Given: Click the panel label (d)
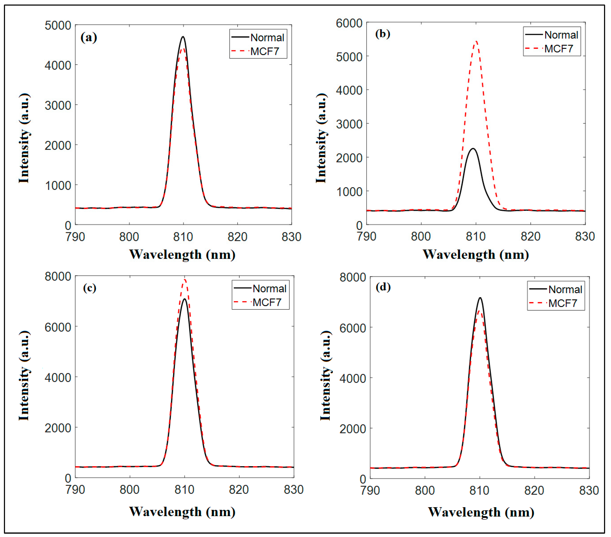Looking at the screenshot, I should pos(383,287).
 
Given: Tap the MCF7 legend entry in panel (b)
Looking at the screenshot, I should pos(558,49).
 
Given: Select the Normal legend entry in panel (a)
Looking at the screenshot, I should pos(267,38).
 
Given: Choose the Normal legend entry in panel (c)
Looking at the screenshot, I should pos(269,289).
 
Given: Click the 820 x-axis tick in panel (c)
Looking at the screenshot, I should pos(239,490).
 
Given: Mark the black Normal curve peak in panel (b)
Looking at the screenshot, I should pos(473,148).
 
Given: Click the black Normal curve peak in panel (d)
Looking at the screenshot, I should pos(480,298).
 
